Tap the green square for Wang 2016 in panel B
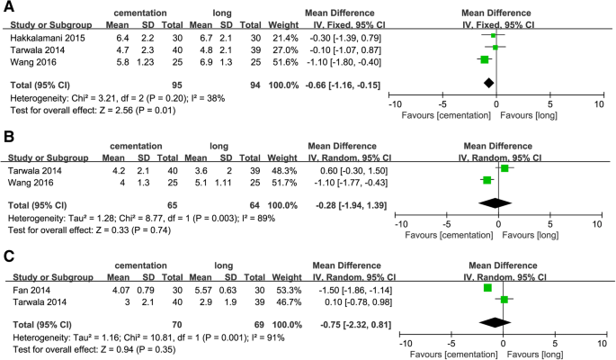[487, 180]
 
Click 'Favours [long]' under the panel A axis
[531, 116]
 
